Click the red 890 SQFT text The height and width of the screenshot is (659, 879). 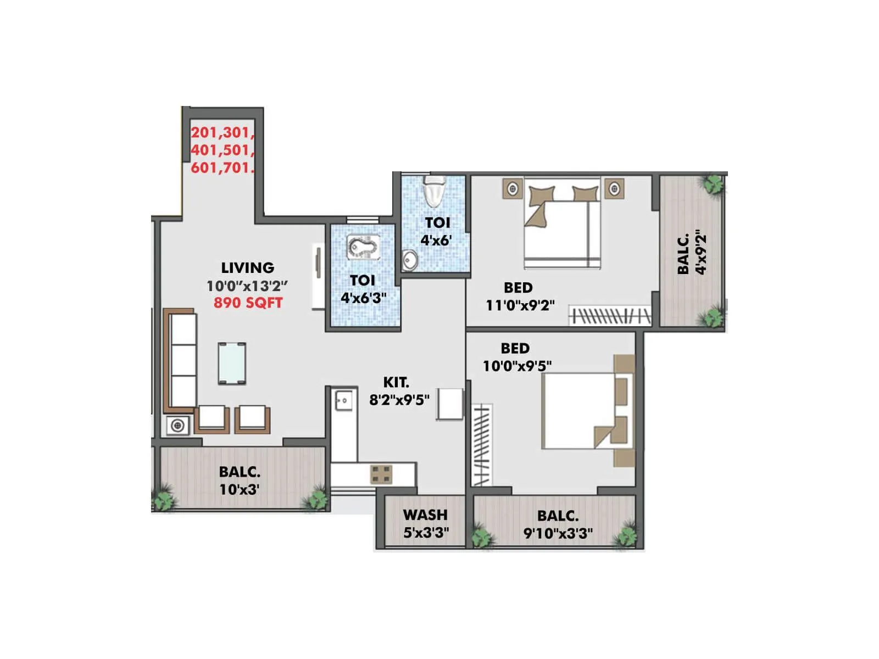point(248,303)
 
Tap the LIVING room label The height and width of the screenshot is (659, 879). point(248,268)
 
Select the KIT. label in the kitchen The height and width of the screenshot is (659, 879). point(396,382)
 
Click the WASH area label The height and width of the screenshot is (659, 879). point(425,515)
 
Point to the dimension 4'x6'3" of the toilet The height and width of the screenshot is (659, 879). point(363,298)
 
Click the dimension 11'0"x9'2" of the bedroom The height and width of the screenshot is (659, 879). point(520,305)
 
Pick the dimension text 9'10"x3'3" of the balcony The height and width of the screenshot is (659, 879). point(558,533)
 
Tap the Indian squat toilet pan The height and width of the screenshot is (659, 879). point(363,247)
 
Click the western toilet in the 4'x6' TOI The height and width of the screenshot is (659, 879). point(433,192)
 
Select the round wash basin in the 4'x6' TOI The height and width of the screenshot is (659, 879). point(409,260)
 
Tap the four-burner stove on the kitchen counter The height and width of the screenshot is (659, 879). point(381,474)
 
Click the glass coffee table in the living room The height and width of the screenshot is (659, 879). point(232,363)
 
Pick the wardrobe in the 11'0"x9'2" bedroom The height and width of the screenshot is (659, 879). point(610,316)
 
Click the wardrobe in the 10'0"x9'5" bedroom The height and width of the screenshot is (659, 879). point(482,445)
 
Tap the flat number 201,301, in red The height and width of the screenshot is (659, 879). point(222,132)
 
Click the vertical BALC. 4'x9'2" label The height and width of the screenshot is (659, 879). point(691,254)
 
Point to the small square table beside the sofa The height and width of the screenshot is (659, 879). point(177,426)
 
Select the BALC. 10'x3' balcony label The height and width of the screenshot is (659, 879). point(240,481)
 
